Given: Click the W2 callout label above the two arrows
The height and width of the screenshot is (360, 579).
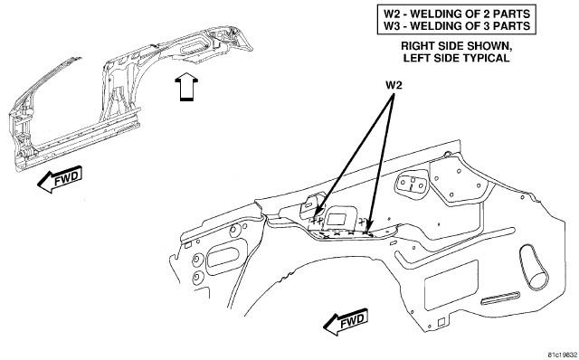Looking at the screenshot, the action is (394, 85).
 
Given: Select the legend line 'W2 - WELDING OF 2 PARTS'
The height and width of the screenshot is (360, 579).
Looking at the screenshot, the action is (457, 14).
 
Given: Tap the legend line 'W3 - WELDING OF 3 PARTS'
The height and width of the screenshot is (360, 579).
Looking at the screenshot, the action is (457, 26).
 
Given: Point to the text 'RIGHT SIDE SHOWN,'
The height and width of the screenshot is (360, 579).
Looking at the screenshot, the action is (456, 46).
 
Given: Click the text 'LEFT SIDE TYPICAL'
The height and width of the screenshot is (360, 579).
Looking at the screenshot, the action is (456, 58).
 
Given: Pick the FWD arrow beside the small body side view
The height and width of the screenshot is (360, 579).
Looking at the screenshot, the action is (60, 180).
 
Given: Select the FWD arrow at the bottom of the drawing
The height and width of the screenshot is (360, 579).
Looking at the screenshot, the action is (346, 322).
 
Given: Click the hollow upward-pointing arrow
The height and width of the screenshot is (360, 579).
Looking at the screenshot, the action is (186, 87).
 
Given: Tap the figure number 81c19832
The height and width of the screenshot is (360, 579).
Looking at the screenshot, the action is (562, 355).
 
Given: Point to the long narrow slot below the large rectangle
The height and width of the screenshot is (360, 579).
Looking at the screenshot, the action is (500, 297).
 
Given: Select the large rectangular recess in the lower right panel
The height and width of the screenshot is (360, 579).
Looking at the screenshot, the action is (451, 285).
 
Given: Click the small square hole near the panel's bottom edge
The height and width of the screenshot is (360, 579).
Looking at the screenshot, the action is (441, 322).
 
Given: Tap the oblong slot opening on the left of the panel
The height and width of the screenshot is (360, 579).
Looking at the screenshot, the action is (223, 258).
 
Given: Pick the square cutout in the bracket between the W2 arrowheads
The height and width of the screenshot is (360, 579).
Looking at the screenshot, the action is (335, 219).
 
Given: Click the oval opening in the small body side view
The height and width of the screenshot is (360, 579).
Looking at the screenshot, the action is (193, 46).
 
